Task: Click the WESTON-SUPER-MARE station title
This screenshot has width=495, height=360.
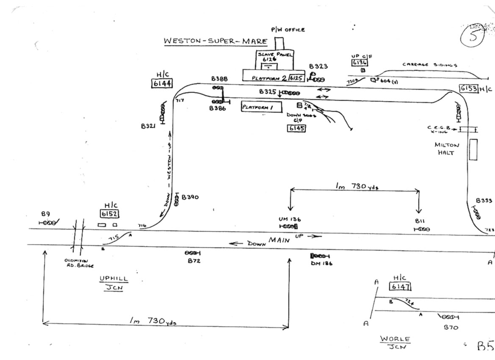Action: pyautogui.click(x=216, y=42)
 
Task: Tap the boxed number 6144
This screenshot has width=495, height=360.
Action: pyautogui.click(x=162, y=83)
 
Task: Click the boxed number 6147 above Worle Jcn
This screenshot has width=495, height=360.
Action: pyautogui.click(x=400, y=287)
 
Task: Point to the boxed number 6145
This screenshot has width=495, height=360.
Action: pyautogui.click(x=296, y=128)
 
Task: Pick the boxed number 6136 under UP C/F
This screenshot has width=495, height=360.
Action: pyautogui.click(x=359, y=63)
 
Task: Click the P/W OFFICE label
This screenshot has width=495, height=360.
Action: pyautogui.click(x=288, y=30)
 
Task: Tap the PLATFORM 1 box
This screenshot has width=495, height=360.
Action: pyautogui.click(x=257, y=107)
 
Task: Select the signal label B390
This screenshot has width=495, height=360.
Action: pyautogui.click(x=190, y=197)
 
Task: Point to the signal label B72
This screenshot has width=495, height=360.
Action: pyautogui.click(x=194, y=261)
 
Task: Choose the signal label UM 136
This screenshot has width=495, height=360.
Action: pyautogui.click(x=290, y=219)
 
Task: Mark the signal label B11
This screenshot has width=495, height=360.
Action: pyautogui.click(x=420, y=221)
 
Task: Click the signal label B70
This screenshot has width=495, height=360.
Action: pyautogui.click(x=451, y=327)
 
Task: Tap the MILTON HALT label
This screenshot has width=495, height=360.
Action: pyautogui.click(x=447, y=148)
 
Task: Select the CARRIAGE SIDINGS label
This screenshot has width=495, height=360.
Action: pyautogui.click(x=429, y=65)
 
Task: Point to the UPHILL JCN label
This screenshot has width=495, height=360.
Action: pyautogui.click(x=113, y=282)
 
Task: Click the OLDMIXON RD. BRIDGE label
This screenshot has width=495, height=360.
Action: pyautogui.click(x=79, y=263)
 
